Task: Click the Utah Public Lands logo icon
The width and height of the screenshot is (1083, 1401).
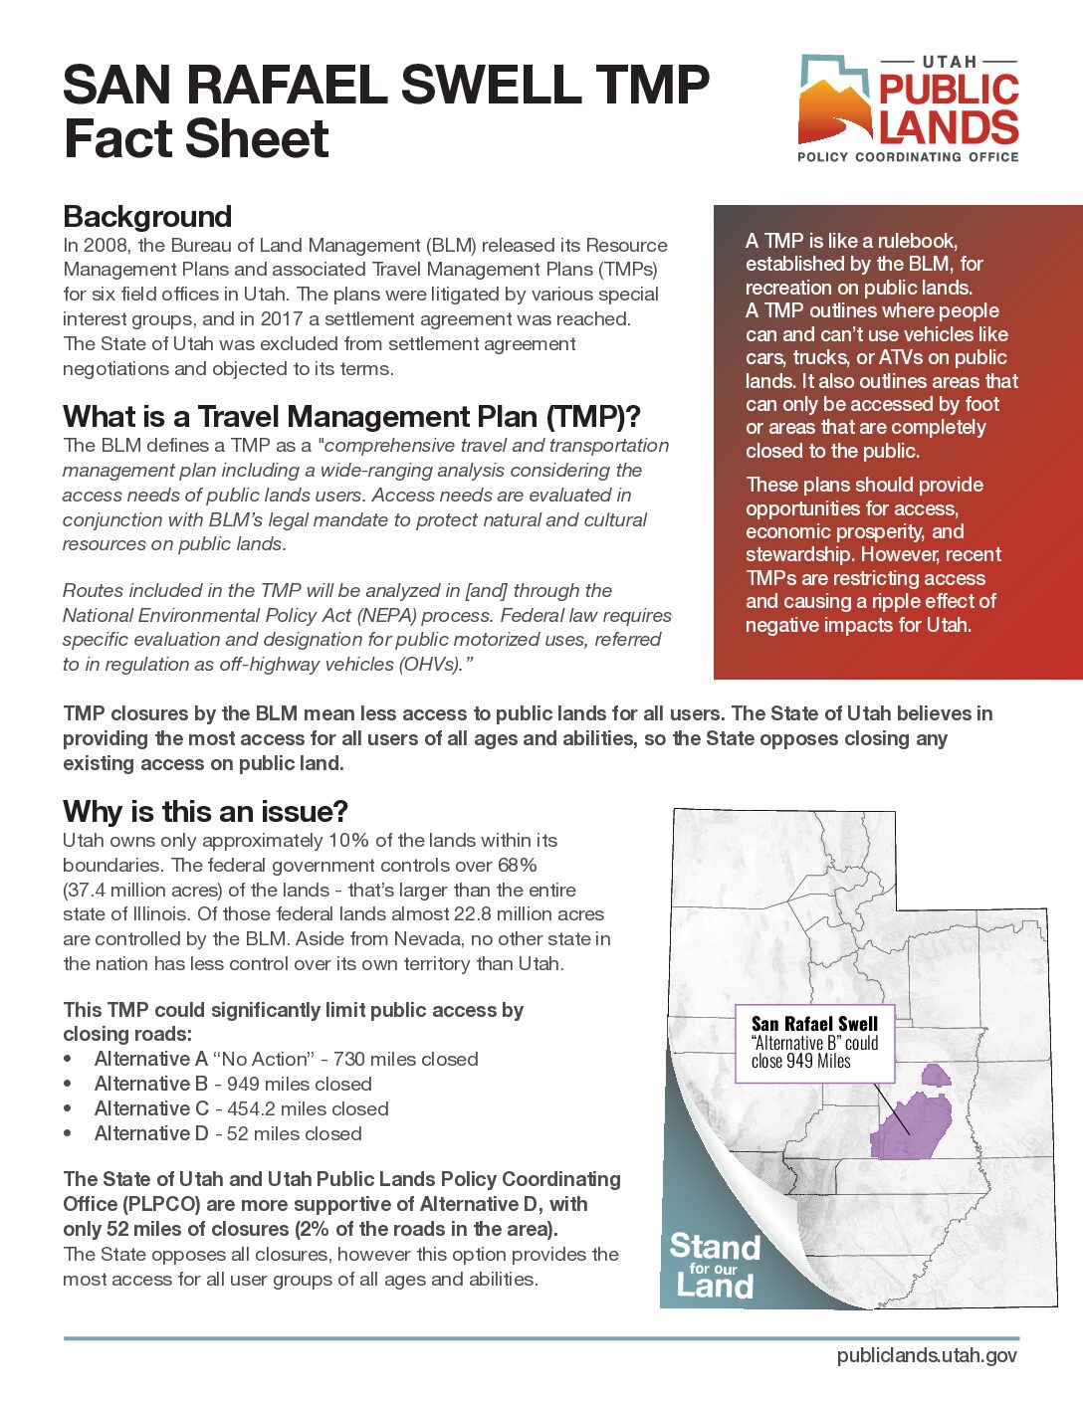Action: click(834, 100)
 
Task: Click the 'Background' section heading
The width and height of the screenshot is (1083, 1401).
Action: click(147, 217)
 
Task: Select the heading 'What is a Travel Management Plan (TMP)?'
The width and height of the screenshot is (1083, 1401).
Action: click(351, 416)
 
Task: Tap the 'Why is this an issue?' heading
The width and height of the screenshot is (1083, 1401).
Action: click(205, 811)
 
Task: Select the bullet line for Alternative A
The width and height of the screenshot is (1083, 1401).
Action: click(286, 1059)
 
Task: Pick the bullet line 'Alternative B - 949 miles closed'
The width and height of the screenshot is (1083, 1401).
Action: click(233, 1084)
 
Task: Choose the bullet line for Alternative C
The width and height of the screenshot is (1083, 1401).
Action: click(241, 1108)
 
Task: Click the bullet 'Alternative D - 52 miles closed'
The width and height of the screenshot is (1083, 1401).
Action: click(228, 1133)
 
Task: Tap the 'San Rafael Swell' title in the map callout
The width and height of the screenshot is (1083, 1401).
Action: click(814, 1024)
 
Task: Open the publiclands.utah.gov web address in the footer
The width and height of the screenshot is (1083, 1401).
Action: click(927, 1355)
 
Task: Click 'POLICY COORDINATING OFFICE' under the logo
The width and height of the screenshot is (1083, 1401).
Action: click(908, 157)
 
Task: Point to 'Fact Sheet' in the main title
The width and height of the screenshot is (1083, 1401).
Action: click(196, 138)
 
